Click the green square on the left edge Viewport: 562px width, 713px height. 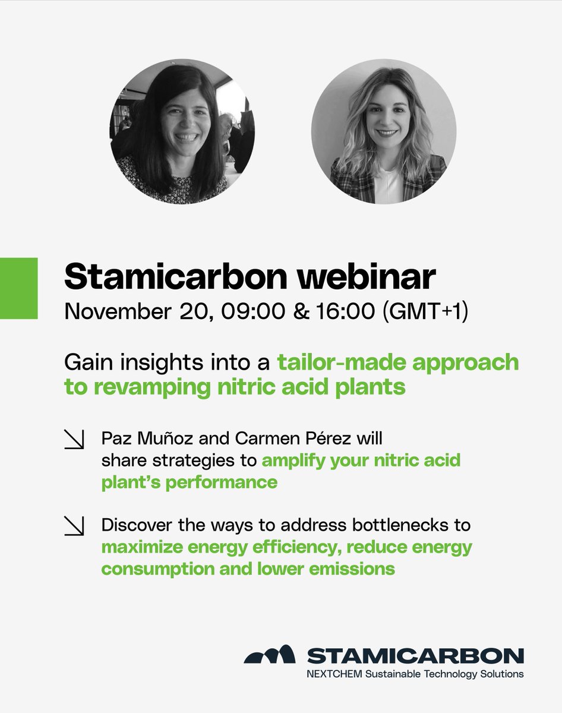click(18, 288)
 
